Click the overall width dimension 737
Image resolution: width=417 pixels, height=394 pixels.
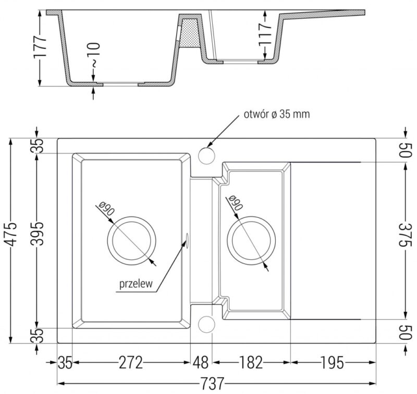coord(217,385)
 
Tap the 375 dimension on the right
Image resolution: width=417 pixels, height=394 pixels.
coord(406,240)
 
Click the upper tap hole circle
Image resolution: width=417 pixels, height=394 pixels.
coord(207,155)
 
